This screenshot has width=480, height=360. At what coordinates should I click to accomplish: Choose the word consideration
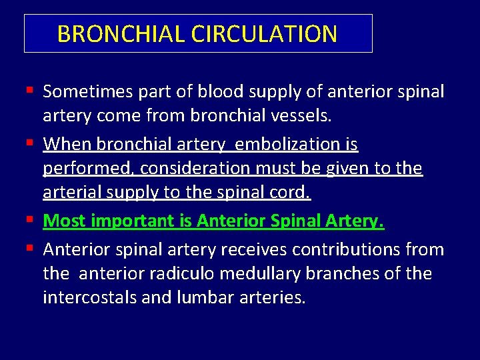coord(179,169)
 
